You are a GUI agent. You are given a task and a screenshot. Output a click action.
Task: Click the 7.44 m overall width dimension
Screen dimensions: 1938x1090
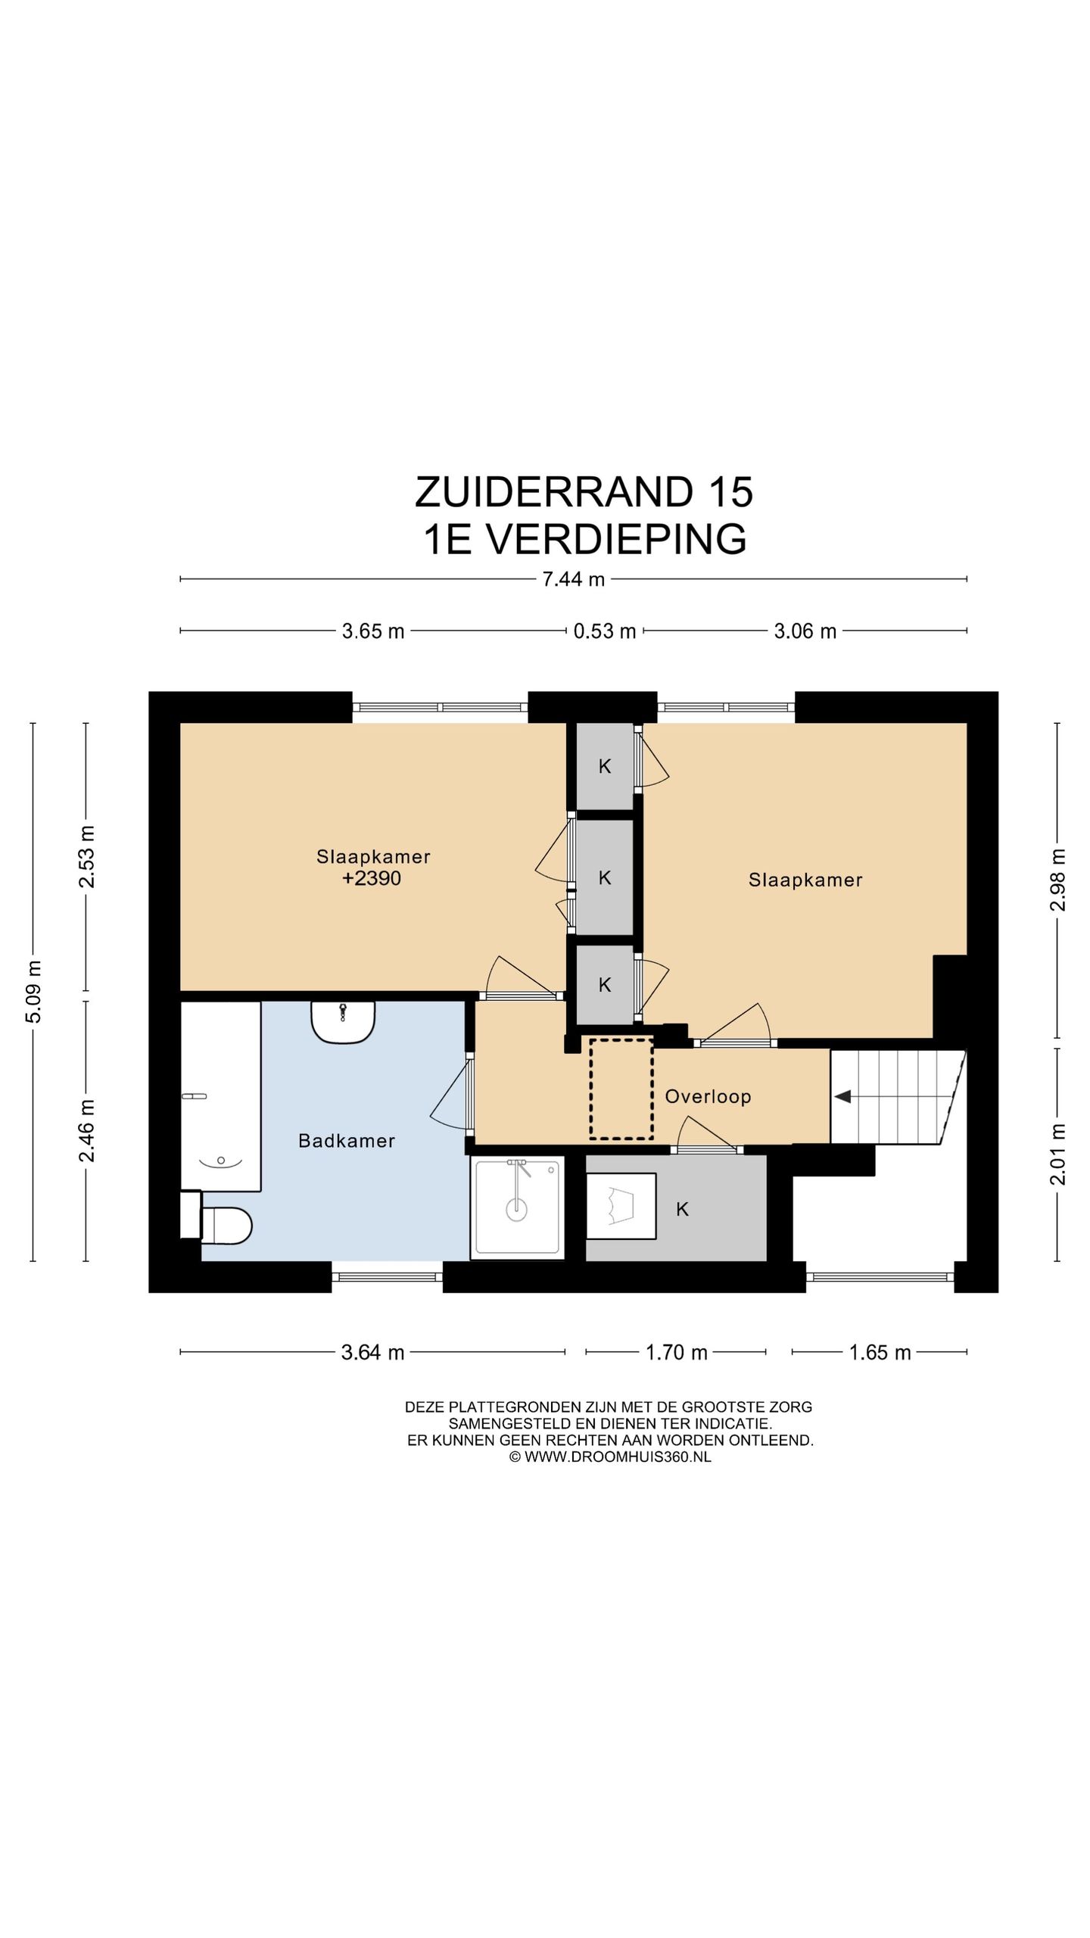point(573,579)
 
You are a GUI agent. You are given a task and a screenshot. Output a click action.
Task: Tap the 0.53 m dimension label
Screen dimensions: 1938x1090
point(604,631)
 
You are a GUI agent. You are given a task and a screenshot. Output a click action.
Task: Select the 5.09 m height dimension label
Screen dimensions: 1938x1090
point(34,990)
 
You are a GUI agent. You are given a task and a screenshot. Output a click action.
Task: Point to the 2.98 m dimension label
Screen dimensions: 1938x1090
point(1058,879)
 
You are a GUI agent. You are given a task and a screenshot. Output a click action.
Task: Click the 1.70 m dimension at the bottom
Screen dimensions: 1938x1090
point(676,1352)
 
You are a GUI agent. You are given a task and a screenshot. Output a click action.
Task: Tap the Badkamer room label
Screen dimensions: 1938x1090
point(347,1141)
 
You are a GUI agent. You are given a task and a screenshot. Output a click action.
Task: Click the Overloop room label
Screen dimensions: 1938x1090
point(708,1096)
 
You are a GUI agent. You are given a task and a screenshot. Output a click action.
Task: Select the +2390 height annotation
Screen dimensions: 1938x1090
point(372,878)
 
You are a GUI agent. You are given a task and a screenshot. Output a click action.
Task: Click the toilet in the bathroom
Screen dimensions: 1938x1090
point(226,1225)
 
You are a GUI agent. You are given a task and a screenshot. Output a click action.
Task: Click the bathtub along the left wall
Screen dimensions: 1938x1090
point(220,1095)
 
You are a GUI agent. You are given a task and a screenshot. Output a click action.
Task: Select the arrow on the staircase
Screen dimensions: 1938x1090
point(842,1096)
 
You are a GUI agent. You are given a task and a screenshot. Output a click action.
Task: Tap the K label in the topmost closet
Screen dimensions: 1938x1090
point(605,766)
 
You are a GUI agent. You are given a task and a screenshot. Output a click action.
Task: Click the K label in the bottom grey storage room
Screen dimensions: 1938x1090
point(682,1210)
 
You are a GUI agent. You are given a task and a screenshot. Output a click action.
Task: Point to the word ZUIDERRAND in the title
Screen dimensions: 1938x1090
point(553,492)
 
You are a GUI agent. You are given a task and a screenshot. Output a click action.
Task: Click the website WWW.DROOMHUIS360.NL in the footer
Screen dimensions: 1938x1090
point(617,1457)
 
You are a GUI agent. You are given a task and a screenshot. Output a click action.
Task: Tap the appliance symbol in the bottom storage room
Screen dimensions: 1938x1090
point(621,1206)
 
